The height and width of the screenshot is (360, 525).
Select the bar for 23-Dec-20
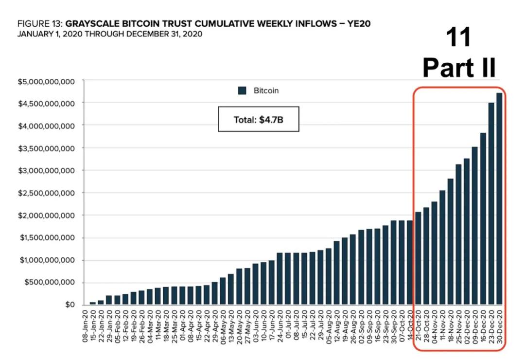tap(491, 204)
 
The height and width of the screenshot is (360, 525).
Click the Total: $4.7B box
tap(258, 119)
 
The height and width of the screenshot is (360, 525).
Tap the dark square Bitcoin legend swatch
tap(243, 90)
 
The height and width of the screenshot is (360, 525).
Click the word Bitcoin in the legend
tap(266, 90)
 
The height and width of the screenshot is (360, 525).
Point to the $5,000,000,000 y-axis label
tap(48, 81)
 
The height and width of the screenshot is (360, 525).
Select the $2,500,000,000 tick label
tap(48, 193)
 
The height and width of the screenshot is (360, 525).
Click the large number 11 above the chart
tap(458, 38)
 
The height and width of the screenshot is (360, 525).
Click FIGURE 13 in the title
tap(39, 24)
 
